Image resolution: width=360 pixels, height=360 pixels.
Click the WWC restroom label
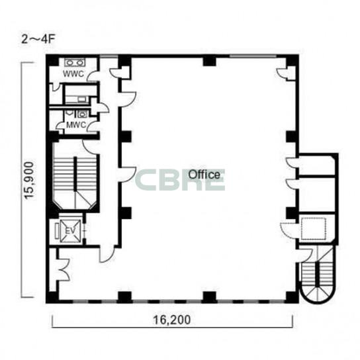73,74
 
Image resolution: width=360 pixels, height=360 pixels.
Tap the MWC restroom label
76,125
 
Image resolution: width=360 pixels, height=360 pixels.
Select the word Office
204,175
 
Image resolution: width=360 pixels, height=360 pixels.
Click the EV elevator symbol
70,231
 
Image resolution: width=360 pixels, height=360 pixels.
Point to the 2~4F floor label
38,39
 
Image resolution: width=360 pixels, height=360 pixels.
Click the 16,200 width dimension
172,320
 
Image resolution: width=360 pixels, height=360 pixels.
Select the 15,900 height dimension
30,180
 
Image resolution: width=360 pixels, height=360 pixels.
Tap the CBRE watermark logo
180,180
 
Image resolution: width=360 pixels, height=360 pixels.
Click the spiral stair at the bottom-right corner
317,275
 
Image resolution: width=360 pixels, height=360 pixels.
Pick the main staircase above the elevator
75,175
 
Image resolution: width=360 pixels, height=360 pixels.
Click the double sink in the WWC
75,62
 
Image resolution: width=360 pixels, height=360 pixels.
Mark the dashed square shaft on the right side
314,229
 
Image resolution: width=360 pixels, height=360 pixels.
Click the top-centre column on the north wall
209,61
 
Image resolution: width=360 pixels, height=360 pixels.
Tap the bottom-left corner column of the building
52,297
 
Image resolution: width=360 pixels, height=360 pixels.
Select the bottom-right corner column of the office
292,297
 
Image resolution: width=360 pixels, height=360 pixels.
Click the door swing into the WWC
93,76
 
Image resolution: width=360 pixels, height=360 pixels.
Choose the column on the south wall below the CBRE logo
209,297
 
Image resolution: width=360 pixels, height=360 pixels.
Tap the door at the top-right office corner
283,73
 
